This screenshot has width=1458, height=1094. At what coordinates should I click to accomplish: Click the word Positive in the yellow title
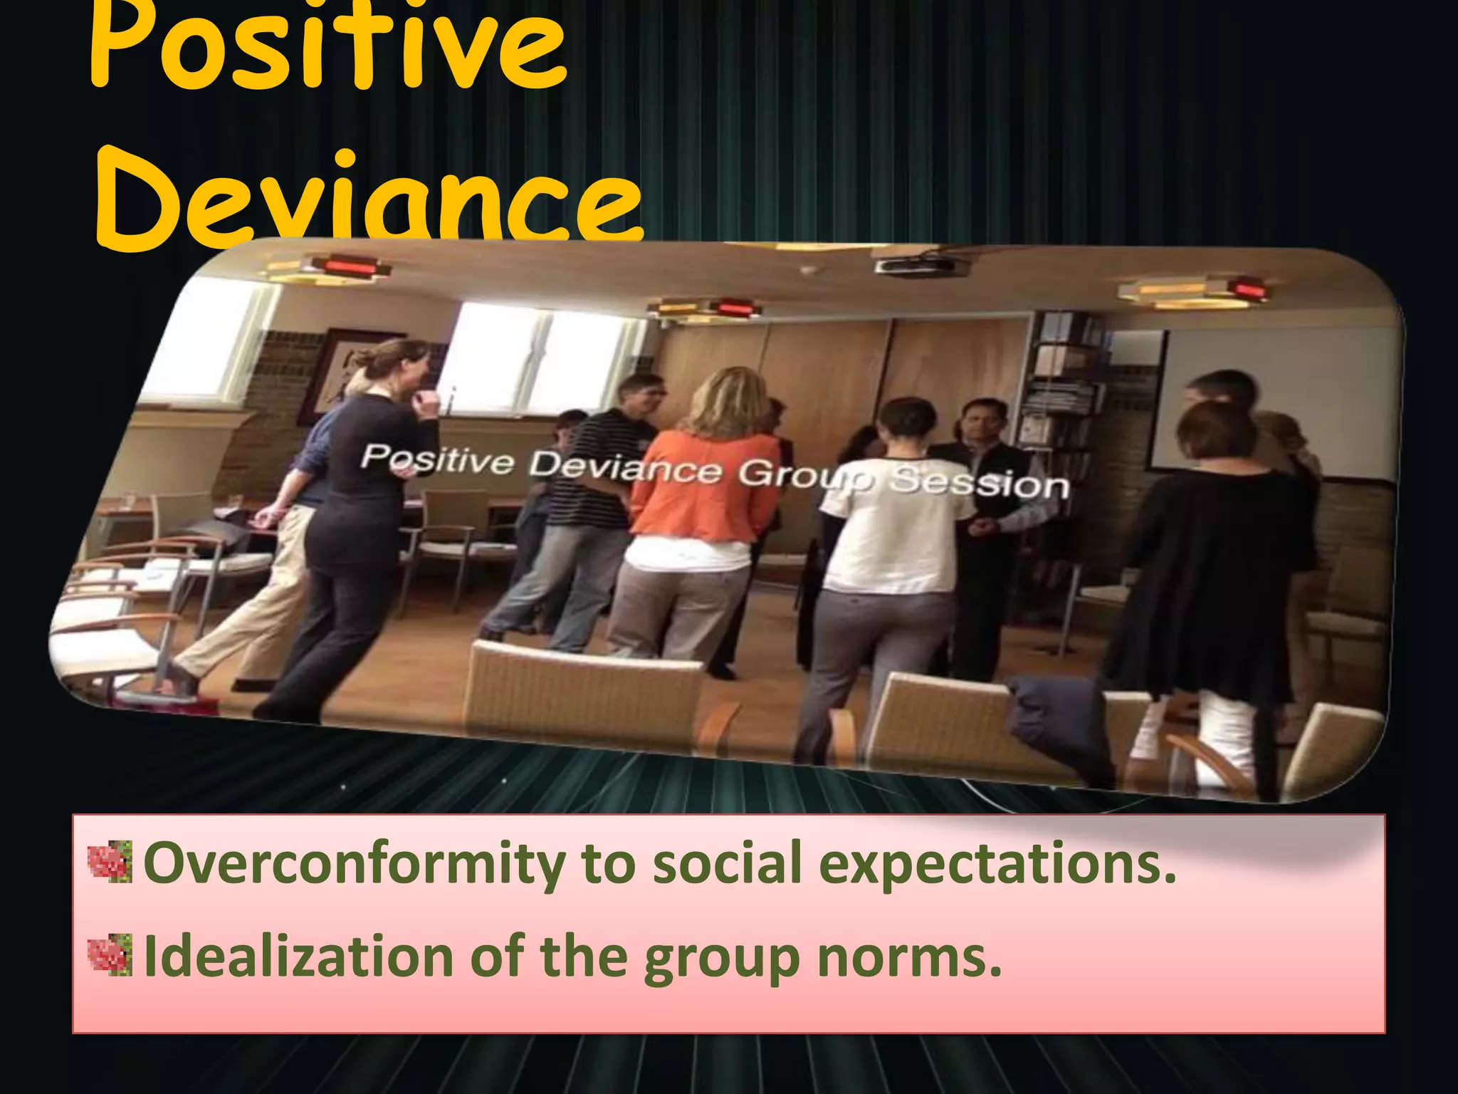[327, 50]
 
